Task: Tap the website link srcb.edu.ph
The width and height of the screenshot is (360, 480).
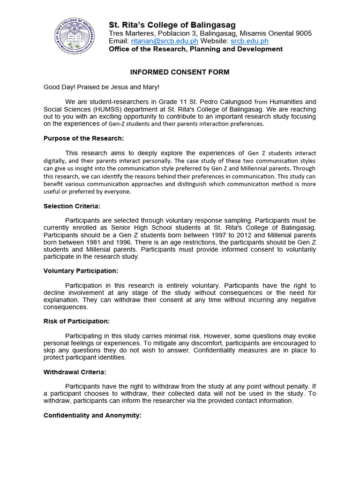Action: point(249,41)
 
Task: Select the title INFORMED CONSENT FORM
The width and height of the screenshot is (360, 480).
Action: point(180,72)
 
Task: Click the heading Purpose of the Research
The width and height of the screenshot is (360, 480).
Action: point(83,138)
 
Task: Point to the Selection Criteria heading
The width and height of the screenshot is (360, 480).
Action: point(72,206)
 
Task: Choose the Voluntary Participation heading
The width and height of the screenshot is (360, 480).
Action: point(81,271)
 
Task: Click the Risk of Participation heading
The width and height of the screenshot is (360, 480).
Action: point(76,321)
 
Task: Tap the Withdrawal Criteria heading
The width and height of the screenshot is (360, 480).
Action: point(75,372)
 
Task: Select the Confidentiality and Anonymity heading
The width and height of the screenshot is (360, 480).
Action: point(92,415)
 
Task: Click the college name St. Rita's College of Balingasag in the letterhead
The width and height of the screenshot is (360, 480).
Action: point(172,25)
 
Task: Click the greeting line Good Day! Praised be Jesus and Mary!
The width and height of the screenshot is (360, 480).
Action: point(101,87)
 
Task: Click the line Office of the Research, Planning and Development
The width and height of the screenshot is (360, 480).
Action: point(195,49)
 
